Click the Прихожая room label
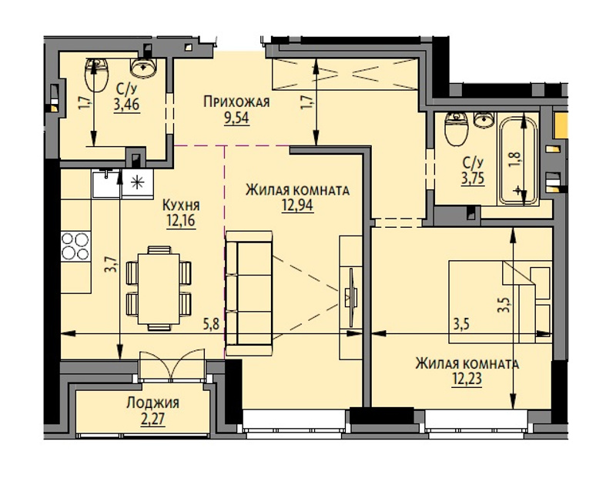[236, 102]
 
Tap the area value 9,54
[236, 118]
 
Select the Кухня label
[181, 205]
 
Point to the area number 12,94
[297, 205]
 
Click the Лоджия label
[152, 403]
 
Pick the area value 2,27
[152, 419]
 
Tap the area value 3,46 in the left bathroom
[127, 105]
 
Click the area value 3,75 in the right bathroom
[473, 179]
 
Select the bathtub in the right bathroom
[517, 160]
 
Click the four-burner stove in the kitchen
[75, 246]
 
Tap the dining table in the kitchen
[159, 289]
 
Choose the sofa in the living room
[249, 293]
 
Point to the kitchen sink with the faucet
[106, 183]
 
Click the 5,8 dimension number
[210, 325]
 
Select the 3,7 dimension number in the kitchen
[112, 264]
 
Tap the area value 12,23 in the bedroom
[467, 379]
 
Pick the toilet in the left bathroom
[95, 75]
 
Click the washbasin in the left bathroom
[143, 68]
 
